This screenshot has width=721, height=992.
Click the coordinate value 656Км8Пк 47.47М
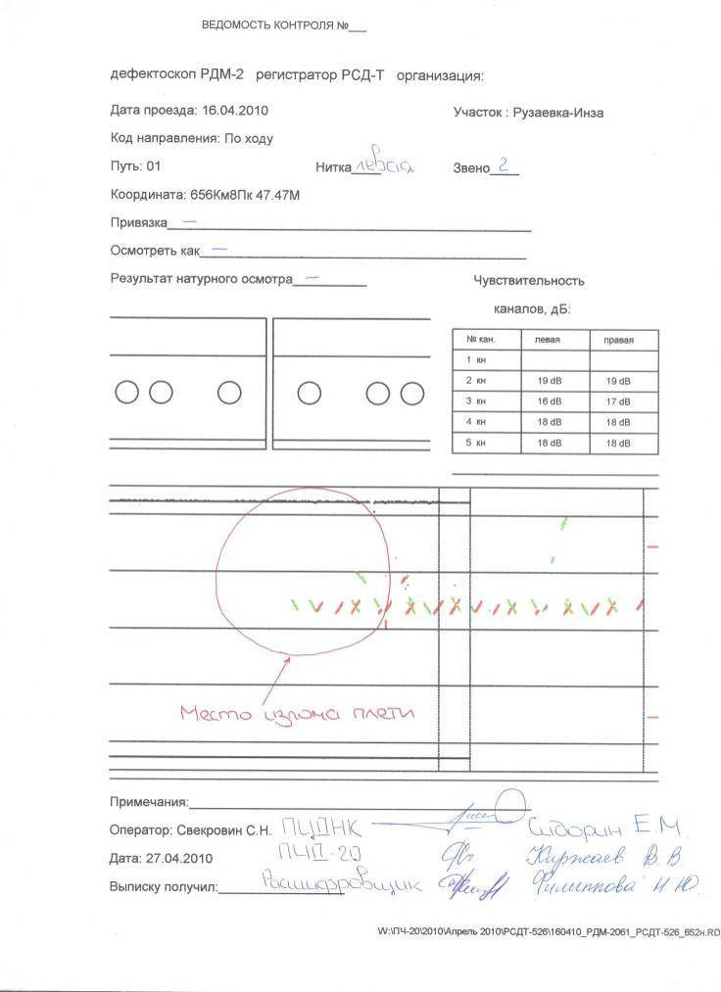[245, 195]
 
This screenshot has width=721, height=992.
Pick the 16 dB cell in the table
[550, 402]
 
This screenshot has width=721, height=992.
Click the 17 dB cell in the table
[618, 402]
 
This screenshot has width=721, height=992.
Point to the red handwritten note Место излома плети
[297, 714]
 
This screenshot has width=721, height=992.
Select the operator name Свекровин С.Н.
[217, 830]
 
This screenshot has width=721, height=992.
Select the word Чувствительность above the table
[528, 281]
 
